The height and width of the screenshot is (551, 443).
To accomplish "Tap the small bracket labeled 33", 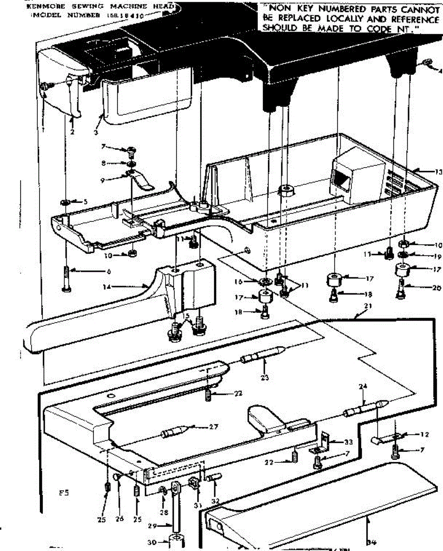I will coord(327,442).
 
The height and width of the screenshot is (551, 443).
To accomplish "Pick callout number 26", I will coord(119,520).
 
